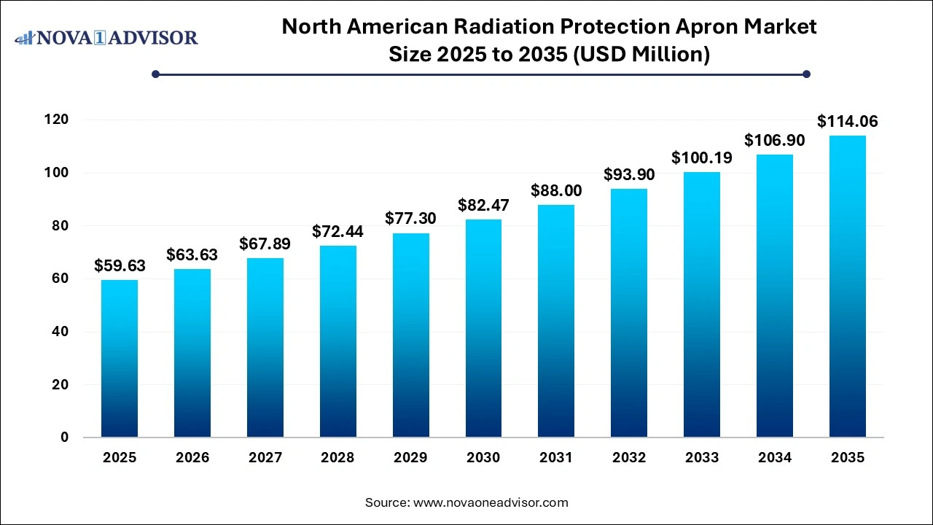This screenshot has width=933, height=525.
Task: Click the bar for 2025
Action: (120, 359)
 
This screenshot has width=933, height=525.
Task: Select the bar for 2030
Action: (483, 328)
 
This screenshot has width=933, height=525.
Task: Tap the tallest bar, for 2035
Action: (847, 287)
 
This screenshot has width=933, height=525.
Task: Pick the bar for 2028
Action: (337, 341)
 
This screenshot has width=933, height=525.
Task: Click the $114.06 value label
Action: (847, 121)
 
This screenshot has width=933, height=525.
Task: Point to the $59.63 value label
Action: (120, 266)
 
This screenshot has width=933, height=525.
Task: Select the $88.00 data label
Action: (556, 190)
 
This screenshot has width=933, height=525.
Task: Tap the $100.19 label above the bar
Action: (702, 157)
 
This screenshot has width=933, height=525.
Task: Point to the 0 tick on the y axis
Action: (66, 437)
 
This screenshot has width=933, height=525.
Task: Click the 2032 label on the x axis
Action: (629, 458)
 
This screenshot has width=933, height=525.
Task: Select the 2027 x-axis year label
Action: (265, 458)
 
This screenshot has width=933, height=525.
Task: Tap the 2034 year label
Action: (775, 458)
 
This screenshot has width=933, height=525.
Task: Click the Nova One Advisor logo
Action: (106, 37)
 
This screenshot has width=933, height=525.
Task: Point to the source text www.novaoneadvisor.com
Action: (491, 502)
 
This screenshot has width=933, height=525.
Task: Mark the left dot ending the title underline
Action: (155, 74)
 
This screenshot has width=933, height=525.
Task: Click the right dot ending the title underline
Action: (806, 74)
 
